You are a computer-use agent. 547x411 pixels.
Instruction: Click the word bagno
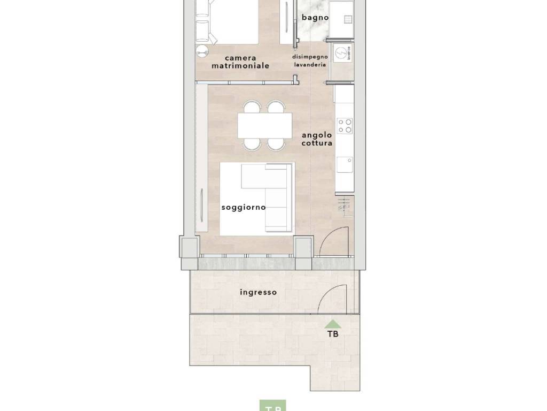315,18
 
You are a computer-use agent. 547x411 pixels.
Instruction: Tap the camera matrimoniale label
240,62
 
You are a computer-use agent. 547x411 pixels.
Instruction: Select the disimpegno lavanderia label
309,60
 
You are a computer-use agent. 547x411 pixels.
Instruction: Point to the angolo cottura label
317,139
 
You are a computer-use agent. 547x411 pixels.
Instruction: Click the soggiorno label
244,207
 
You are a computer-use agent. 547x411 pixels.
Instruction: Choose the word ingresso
259,292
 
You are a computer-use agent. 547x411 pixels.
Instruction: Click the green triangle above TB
333,323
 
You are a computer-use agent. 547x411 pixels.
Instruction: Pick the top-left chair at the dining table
250,107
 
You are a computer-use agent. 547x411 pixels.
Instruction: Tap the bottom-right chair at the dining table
276,143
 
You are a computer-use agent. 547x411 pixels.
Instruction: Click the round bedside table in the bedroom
202,52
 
